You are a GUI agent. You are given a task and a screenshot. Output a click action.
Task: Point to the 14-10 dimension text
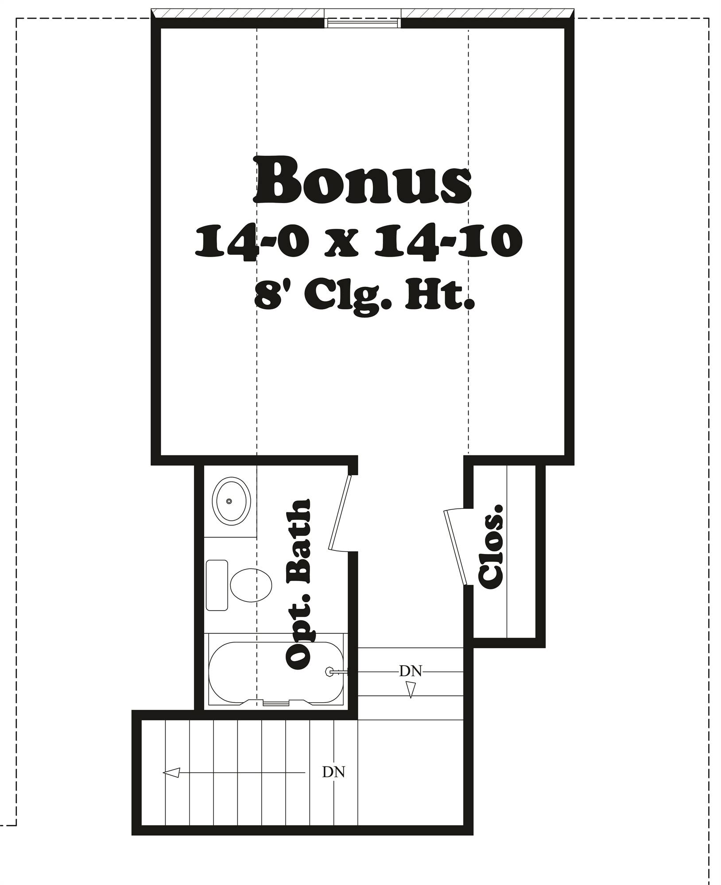pyautogui.click(x=448, y=242)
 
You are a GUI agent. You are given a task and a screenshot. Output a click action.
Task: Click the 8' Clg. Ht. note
pyautogui.click(x=364, y=298)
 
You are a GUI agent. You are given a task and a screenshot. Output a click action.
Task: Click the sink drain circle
pyautogui.click(x=229, y=501)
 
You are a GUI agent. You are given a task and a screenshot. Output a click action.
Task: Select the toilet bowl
pyautogui.click(x=251, y=585)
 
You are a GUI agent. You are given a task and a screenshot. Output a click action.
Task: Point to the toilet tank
pyautogui.click(x=217, y=585)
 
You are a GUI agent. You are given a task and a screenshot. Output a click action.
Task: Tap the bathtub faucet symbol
pyautogui.click(x=329, y=684)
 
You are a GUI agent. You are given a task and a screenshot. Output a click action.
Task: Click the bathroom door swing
pyautogui.click(x=341, y=513)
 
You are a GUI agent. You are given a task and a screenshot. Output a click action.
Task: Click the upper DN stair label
pyautogui.click(x=411, y=684)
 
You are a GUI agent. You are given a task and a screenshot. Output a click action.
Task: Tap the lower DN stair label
pyautogui.click(x=333, y=772)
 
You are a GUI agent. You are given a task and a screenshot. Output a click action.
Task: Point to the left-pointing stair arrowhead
pyautogui.click(x=171, y=773)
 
